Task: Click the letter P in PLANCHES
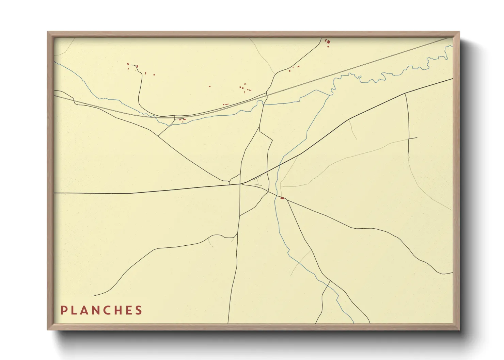pos(63,310)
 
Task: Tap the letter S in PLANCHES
pos(139,310)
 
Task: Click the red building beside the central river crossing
pos(282,198)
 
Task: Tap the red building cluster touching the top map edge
pos(328,42)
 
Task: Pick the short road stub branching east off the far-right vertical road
pos(413,138)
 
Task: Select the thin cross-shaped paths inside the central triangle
pos(257,182)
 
